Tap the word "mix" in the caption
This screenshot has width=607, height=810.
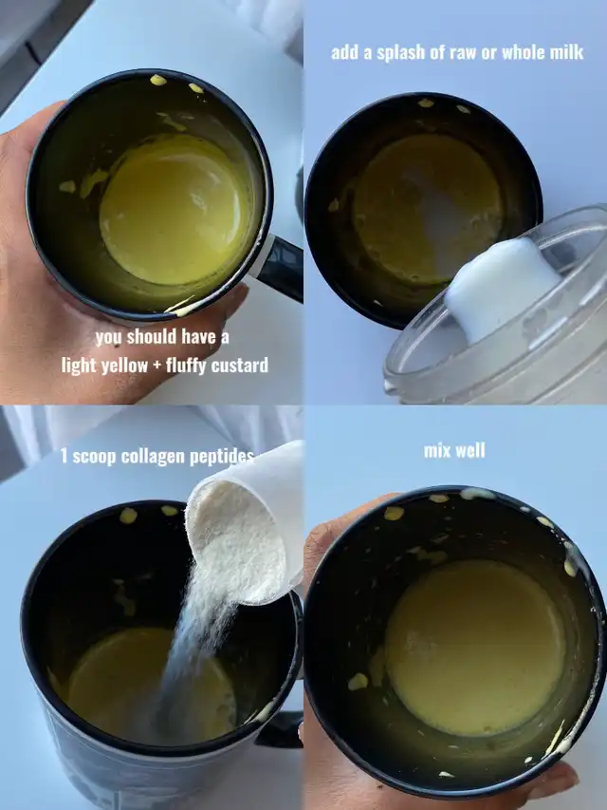[x=435, y=450]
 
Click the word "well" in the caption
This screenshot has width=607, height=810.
[x=469, y=450]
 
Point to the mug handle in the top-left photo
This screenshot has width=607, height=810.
[x=279, y=268]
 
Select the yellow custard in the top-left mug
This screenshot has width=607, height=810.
[x=175, y=210]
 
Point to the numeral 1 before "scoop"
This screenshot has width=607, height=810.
[x=64, y=457]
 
